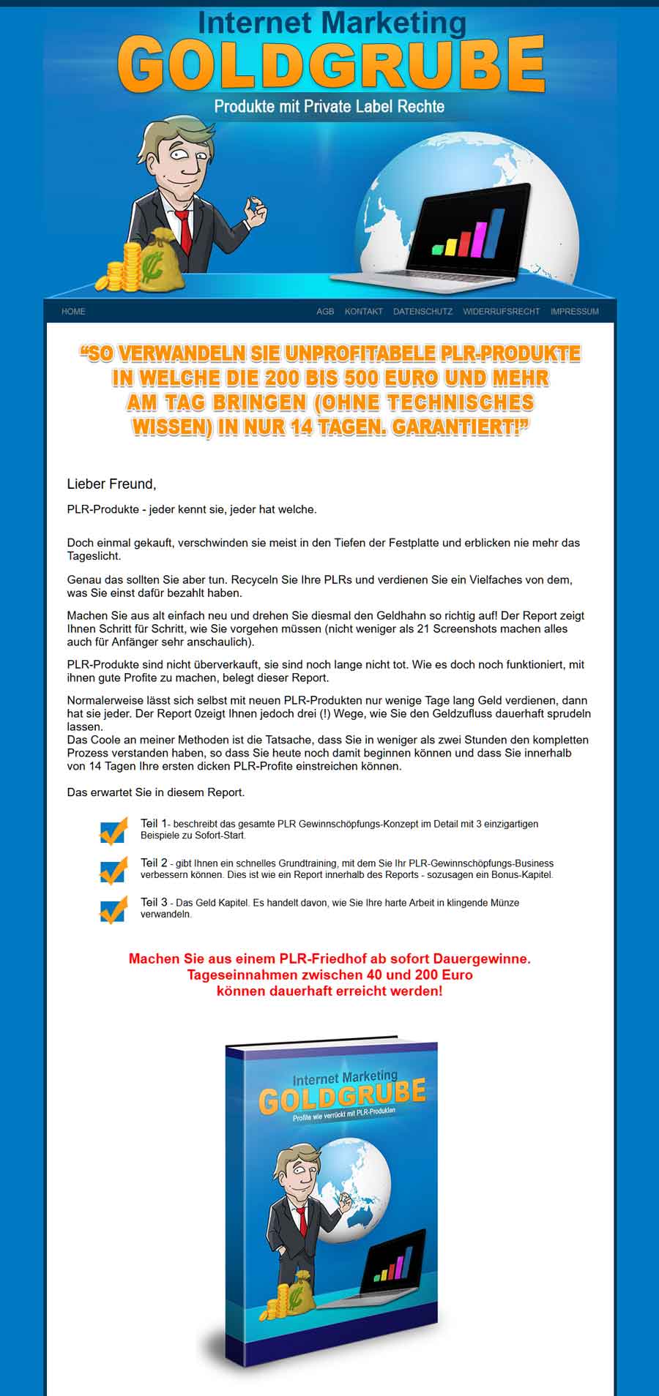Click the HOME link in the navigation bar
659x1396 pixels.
73,312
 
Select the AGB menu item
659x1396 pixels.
325,312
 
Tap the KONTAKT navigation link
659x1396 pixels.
364,312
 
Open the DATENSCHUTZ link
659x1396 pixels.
422,312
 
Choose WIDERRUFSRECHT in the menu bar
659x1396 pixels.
502,312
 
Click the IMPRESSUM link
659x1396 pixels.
575,312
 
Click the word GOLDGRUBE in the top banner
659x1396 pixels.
331,66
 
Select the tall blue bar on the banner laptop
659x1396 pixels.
496,233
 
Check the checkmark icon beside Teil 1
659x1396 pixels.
113,831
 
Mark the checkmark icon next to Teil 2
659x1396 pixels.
113,871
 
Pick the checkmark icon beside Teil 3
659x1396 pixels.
113,909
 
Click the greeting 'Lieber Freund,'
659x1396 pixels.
111,484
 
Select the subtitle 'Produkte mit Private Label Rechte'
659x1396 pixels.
329,107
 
